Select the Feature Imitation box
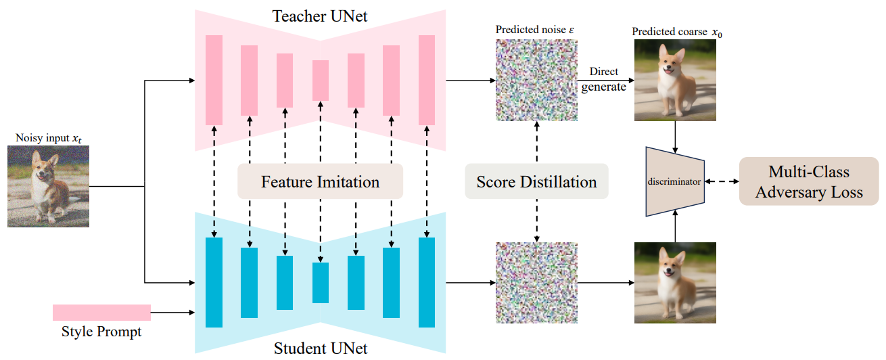coord(320,181)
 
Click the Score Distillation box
coord(536,181)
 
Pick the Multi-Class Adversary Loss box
coord(809,181)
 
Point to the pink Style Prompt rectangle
coord(101,312)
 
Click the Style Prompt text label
coord(101,332)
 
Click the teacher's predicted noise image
coord(536,81)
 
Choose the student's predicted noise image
coord(536,283)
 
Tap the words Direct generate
coord(603,79)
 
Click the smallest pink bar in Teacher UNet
coord(320,80)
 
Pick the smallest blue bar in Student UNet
coord(320,282)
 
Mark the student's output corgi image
coord(675,284)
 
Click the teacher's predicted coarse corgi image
coord(675,81)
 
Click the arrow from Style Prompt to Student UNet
coord(172,312)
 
